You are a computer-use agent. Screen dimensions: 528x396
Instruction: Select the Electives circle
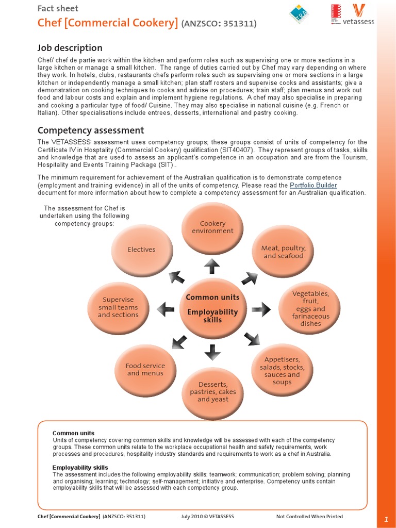141,250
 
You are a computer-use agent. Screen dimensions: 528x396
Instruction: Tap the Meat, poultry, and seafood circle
283,252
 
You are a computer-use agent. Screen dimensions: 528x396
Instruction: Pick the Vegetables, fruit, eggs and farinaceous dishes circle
310,308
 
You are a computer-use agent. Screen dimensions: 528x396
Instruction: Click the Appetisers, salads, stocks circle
282,370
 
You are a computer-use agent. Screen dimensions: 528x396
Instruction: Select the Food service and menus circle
145,369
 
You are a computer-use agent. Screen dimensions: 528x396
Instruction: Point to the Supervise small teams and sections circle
118,307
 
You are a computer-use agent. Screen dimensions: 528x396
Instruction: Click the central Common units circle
212,308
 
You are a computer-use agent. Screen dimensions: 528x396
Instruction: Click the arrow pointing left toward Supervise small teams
166,309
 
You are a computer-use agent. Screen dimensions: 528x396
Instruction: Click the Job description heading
70,48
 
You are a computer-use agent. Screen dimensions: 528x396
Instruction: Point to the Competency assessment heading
91,130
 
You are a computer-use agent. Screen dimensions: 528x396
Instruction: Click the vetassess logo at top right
361,15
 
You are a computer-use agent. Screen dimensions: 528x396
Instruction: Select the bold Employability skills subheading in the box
80,468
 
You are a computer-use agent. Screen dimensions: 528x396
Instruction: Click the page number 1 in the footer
386,519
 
